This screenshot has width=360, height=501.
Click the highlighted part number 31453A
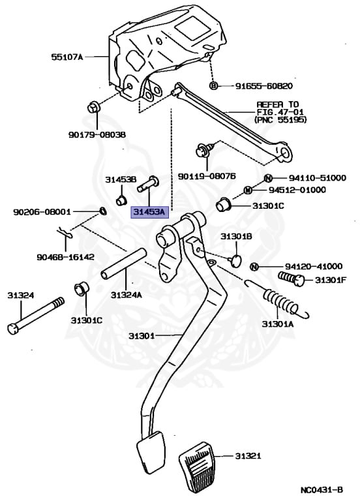(x=149, y=212)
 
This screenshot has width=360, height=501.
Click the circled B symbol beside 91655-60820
(x=213, y=86)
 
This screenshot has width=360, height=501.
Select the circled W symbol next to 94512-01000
(x=248, y=190)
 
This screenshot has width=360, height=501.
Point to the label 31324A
(x=125, y=295)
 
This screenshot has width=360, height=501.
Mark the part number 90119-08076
(x=207, y=176)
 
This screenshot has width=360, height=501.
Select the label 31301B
(x=235, y=235)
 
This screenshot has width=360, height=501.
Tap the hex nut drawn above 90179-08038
(x=93, y=107)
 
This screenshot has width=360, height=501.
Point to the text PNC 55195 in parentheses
(x=280, y=121)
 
